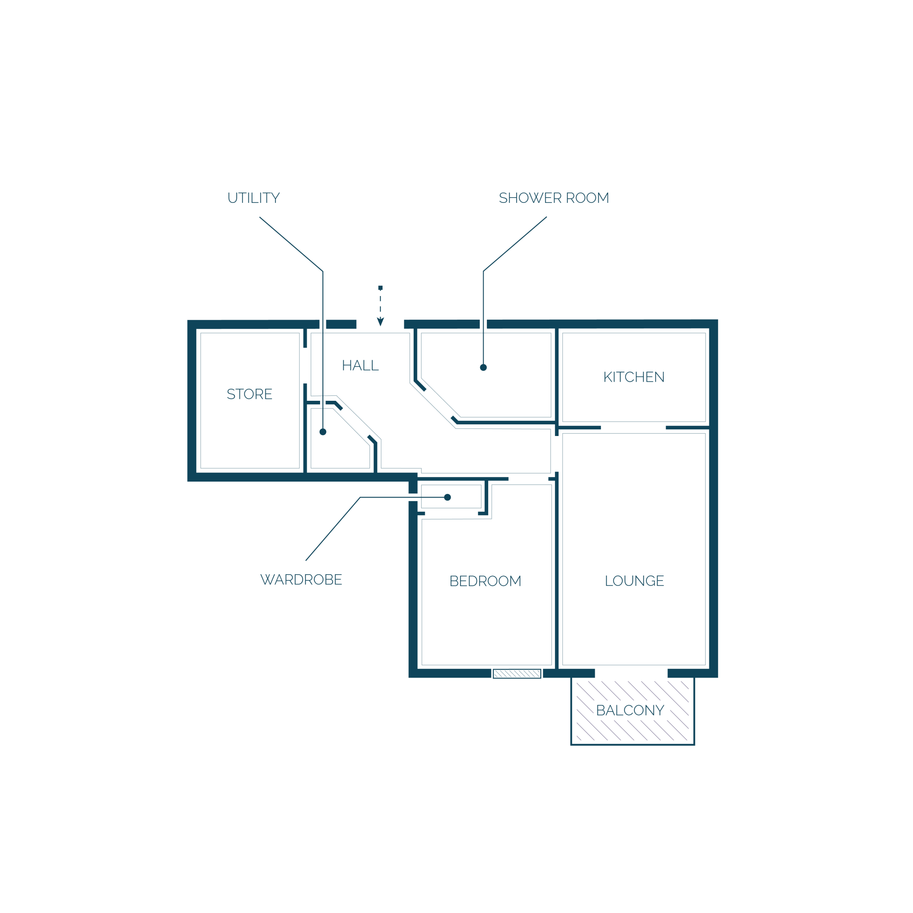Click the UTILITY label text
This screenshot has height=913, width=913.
point(254,198)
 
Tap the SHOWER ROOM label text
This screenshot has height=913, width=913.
point(554,198)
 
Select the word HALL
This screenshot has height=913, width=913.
point(360,365)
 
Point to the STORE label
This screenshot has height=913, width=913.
point(250,394)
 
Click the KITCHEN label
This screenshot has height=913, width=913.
point(634,377)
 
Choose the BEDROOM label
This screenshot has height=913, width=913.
point(485,581)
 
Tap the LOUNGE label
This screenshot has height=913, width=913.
point(634,581)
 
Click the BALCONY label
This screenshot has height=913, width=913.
point(630,710)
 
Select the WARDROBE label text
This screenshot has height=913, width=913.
point(301,580)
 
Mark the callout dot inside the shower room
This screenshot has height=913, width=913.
point(483,368)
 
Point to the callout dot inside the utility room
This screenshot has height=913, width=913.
point(323,432)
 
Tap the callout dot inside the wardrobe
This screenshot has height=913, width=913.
point(448,497)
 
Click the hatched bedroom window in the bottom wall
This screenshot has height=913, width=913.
point(517,674)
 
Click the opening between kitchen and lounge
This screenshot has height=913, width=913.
point(633,428)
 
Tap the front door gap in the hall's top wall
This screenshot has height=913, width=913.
point(380,324)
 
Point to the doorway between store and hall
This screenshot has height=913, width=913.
point(305,365)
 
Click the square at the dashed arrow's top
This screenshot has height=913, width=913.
point(380,288)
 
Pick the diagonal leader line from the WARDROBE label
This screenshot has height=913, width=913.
point(333,529)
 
